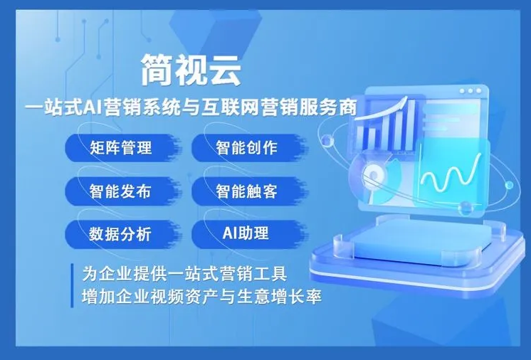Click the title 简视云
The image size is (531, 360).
(191, 70)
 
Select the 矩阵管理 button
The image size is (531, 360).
(121, 149)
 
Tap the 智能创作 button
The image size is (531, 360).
(246, 149)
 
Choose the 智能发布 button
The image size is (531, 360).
(121, 191)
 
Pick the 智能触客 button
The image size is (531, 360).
(246, 191)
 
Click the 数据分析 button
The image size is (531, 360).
(121, 233)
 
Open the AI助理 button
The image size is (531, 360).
(246, 233)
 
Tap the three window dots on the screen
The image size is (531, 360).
(471, 92)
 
